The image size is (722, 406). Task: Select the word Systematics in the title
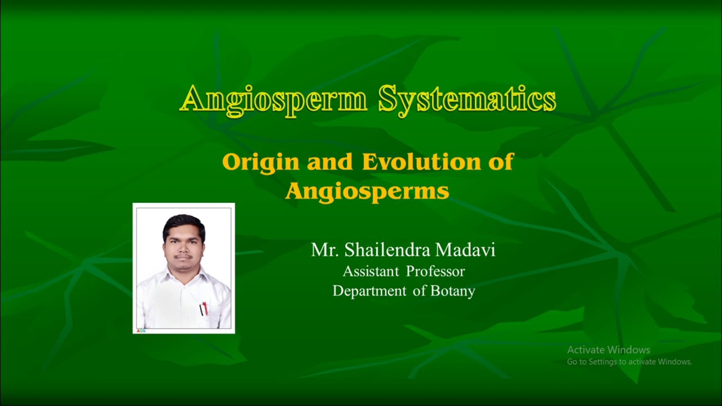point(467,100)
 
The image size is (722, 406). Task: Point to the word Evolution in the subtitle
point(417,162)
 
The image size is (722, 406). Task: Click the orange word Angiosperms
point(367,191)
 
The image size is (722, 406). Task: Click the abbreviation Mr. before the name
point(324,250)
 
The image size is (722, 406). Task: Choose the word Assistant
point(371,271)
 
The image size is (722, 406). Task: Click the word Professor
point(435,271)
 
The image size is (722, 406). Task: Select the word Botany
point(453,291)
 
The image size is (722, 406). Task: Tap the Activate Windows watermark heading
point(609,350)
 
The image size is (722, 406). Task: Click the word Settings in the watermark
point(602,362)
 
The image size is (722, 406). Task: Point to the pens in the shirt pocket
point(204,308)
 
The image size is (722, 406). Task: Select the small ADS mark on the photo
point(141,330)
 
